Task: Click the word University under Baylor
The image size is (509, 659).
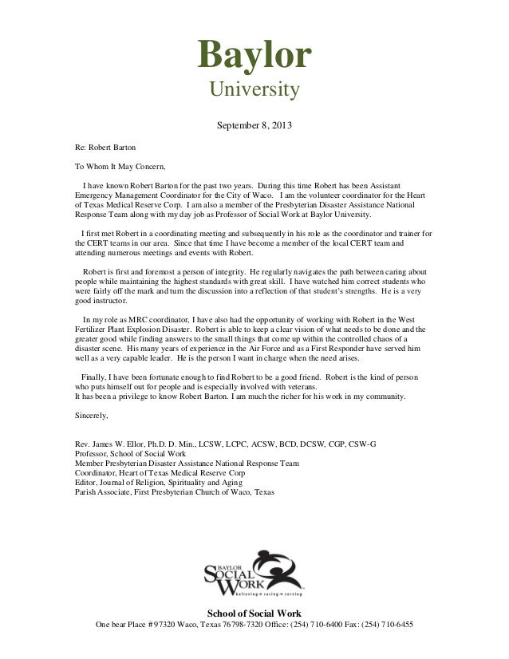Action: coord(254,94)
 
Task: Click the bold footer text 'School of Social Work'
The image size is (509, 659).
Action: coord(254,613)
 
